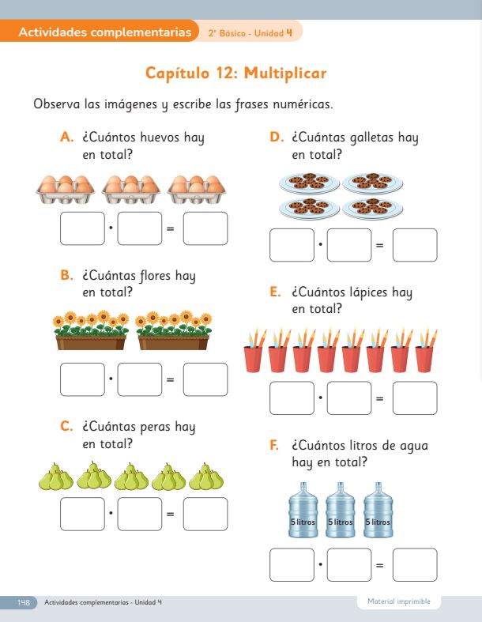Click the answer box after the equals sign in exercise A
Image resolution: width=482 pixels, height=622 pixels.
point(205,228)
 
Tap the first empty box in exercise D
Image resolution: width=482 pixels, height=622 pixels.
point(292,245)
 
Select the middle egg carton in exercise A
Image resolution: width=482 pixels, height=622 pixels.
point(131,190)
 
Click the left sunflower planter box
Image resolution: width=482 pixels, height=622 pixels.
point(91,330)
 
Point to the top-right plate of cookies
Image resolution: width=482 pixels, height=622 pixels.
point(372,183)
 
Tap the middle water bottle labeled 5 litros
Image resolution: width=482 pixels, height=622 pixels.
point(341,510)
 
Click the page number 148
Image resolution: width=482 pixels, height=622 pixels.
point(24,602)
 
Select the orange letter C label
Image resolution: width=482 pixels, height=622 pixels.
point(66,427)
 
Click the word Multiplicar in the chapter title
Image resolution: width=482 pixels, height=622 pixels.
point(285,74)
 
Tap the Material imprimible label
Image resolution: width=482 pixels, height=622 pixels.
point(399,601)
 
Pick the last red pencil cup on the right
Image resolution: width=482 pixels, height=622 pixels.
point(426,351)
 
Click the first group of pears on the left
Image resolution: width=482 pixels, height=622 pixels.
point(56,477)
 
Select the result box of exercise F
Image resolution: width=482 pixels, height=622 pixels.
point(415,565)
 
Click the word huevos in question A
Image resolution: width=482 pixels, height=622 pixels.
point(160,138)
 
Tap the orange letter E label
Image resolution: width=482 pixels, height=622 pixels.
point(275,292)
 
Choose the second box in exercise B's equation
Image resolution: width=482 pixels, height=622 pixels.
point(140,379)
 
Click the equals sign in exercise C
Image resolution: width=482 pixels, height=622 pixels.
point(170,514)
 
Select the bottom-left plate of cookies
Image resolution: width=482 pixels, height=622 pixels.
point(310,209)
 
